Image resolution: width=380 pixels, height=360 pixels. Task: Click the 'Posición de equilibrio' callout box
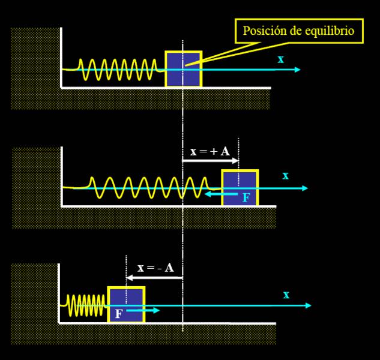pos(299,31)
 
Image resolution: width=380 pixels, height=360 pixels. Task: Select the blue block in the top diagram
pos(183,69)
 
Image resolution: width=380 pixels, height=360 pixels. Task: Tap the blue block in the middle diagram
pos(240,187)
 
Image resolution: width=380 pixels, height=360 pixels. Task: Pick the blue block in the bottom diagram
pos(126,305)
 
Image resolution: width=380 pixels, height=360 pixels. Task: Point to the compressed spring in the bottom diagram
pos(86,305)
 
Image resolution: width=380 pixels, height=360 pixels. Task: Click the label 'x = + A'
pos(210,152)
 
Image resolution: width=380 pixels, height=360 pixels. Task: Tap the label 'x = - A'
pos(155,268)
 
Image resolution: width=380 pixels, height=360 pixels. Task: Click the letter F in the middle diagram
pos(246,197)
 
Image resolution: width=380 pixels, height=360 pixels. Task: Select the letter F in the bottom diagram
pos(118,313)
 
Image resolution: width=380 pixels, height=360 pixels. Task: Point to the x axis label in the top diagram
pos(280,59)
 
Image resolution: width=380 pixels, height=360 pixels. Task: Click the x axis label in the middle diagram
pos(286,176)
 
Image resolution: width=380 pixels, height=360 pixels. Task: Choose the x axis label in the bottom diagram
pos(286,295)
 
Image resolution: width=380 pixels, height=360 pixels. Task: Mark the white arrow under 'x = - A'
pos(154,278)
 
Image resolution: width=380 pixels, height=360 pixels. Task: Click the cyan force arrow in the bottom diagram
pos(144,310)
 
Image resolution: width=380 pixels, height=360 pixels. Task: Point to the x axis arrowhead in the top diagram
pos(297,70)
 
